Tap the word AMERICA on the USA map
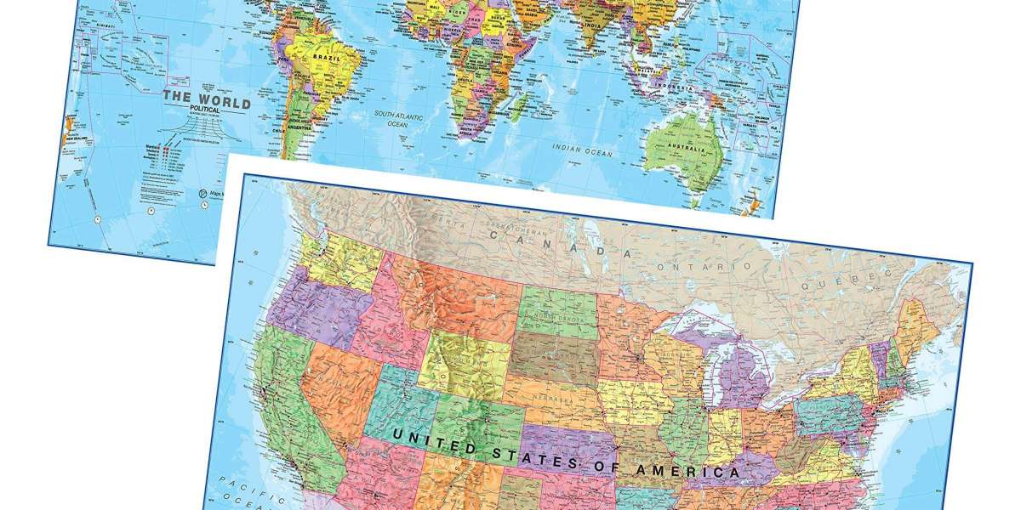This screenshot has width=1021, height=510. pyautogui.click(x=691, y=471)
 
